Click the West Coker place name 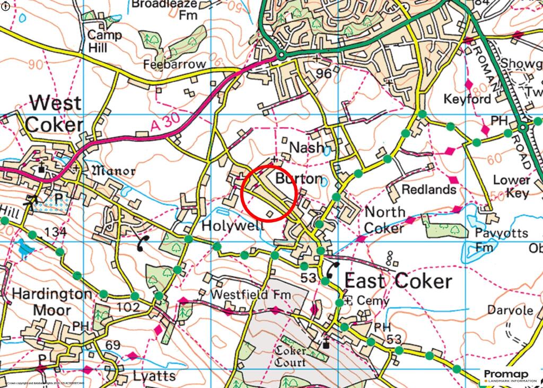(x=55, y=114)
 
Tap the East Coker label (x=398, y=281)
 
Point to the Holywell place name (x=233, y=226)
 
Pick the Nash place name (x=306, y=147)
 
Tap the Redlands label (x=429, y=189)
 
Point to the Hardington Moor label (x=44, y=301)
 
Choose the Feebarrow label (x=174, y=64)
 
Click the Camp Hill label (x=104, y=41)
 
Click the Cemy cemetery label (x=365, y=301)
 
